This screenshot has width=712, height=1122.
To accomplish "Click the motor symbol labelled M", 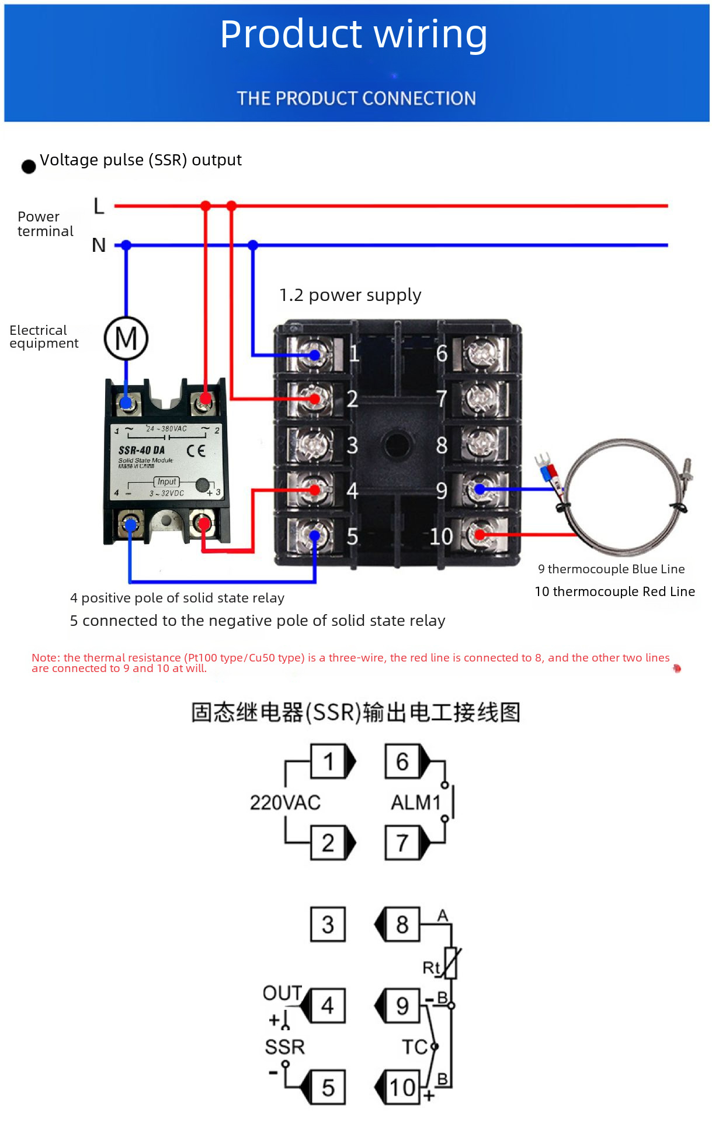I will (x=126, y=338).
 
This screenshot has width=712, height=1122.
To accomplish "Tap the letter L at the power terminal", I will (x=99, y=206).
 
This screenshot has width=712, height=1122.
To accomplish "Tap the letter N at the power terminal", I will (x=99, y=245).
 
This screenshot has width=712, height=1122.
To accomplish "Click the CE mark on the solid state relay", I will (x=196, y=451).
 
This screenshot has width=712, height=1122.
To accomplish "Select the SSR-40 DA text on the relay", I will (x=141, y=450).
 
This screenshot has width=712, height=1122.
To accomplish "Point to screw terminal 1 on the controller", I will (x=314, y=355).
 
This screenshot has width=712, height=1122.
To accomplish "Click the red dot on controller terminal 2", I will (x=315, y=399).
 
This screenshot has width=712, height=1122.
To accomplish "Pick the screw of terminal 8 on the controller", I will (x=480, y=444).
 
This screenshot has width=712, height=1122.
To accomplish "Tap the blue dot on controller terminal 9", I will (x=480, y=490).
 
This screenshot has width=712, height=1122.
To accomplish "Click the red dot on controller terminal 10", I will (x=480, y=534).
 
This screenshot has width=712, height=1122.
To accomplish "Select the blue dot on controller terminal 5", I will (x=315, y=535).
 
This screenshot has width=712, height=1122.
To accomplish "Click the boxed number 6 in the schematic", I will (x=402, y=761).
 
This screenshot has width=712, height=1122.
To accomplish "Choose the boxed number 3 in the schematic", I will (x=328, y=924).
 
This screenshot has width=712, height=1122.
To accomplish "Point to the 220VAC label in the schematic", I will (x=285, y=802).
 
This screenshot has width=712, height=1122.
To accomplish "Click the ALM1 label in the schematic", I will (x=415, y=802).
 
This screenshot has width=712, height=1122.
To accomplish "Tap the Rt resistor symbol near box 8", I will (x=450, y=963).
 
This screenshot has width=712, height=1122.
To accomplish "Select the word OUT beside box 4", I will (x=282, y=993).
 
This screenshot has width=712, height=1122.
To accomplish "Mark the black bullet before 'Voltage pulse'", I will (x=29, y=167).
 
